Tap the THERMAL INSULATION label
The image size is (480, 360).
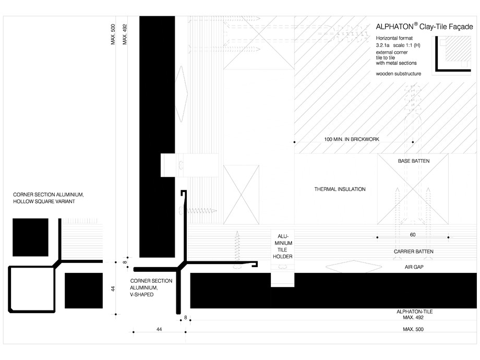(x=340, y=189)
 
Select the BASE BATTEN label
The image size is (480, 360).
(x=413, y=161)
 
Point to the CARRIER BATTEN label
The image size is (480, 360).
(x=413, y=251)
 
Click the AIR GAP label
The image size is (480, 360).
(x=413, y=267)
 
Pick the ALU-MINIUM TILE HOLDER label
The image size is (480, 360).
(x=282, y=246)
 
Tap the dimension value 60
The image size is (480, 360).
(x=413, y=234)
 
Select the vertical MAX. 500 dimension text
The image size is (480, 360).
(x=113, y=34)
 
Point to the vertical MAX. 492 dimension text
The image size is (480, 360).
(x=125, y=34)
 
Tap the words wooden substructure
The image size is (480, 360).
(x=398, y=74)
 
